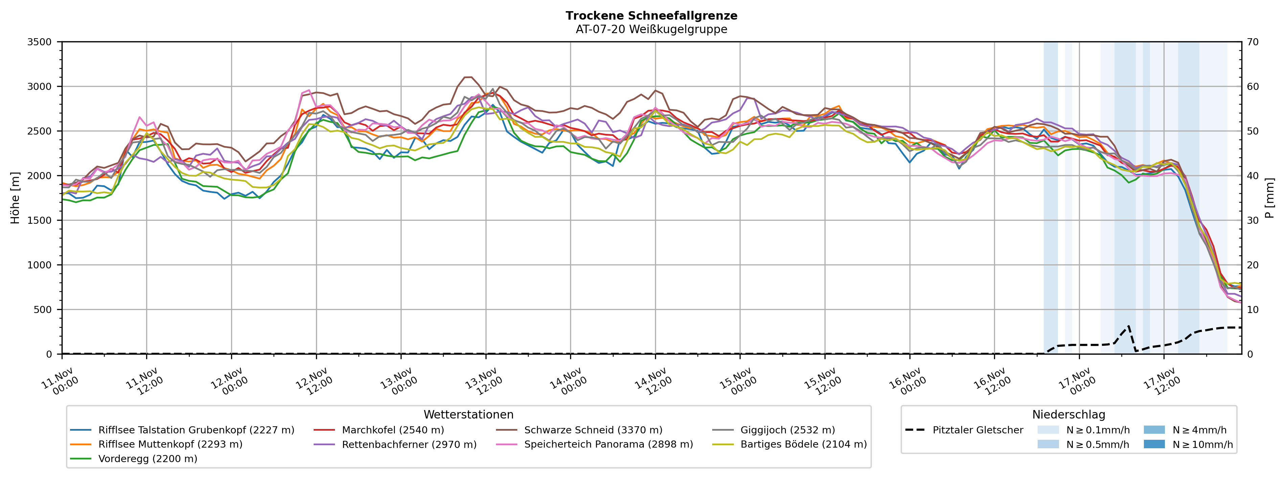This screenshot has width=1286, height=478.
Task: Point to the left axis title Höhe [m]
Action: pyautogui.click(x=15, y=197)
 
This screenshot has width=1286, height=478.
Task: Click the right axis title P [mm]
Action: pyautogui.click(x=1269, y=197)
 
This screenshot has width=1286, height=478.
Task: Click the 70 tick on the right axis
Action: pyautogui.click(x=1253, y=42)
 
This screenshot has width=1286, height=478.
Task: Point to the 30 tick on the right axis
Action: pyautogui.click(x=1253, y=220)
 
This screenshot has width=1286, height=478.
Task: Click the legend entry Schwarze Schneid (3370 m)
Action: pyautogui.click(x=593, y=430)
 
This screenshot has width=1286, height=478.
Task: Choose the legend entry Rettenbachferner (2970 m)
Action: pyautogui.click(x=409, y=445)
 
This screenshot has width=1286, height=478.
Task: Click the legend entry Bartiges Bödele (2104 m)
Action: pyautogui.click(x=803, y=445)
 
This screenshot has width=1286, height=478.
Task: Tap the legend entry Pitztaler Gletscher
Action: pyautogui.click(x=977, y=430)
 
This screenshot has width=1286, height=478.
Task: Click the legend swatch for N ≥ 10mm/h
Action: pyautogui.click(x=1154, y=444)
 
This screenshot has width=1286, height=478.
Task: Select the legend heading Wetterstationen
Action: pyautogui.click(x=468, y=415)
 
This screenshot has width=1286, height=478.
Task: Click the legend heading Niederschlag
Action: pyautogui.click(x=1068, y=415)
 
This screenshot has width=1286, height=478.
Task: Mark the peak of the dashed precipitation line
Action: pyautogui.click(x=1129, y=326)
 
